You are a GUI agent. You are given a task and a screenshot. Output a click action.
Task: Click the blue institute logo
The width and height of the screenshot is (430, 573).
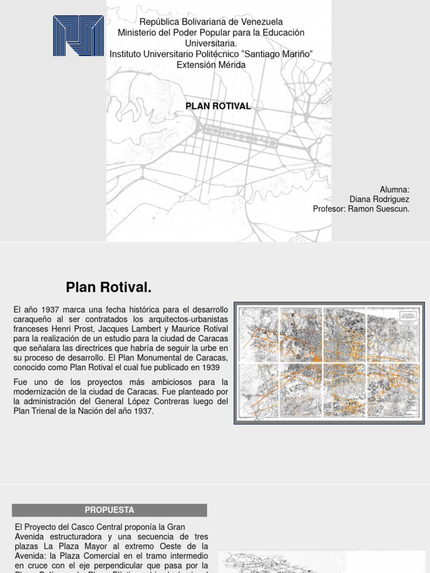click(78, 36)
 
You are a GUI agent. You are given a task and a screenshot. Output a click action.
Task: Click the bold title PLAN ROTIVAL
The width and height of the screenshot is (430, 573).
click(218, 106)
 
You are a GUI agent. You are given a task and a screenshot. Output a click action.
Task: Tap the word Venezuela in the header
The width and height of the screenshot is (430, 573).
click(258, 22)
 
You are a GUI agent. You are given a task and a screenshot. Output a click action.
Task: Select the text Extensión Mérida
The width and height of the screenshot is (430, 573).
click(211, 65)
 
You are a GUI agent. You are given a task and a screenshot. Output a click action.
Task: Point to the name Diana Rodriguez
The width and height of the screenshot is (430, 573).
click(379, 199)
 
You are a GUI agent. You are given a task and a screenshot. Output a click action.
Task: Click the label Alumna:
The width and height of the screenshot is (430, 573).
click(395, 190)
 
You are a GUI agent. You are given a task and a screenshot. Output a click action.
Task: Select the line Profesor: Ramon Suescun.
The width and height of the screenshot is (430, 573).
click(361, 209)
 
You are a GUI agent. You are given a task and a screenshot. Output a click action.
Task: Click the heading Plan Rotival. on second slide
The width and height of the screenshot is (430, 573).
click(109, 288)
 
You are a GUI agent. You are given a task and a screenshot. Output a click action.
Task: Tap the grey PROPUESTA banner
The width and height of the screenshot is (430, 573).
click(110, 510)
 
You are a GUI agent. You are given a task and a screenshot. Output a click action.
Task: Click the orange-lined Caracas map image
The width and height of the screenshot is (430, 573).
click(329, 363)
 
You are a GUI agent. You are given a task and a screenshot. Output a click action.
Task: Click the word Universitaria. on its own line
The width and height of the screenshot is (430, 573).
click(211, 44)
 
